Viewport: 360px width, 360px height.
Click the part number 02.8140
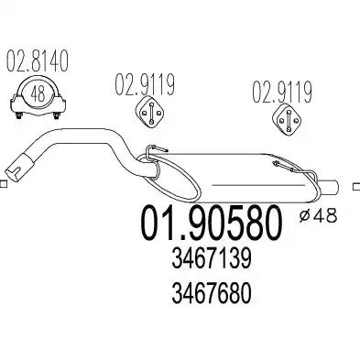pyautogui.click(x=37, y=62)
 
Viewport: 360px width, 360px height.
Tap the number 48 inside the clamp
pyautogui.click(x=38, y=94)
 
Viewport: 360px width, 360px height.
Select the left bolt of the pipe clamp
pyautogui.click(x=19, y=115)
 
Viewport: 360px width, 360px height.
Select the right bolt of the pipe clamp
pyautogui.click(x=56, y=115)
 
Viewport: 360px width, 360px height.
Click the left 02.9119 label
pyautogui.click(x=145, y=84)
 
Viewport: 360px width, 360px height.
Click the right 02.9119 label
pyautogui.click(x=282, y=92)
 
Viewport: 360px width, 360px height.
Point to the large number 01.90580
pyautogui.click(x=211, y=223)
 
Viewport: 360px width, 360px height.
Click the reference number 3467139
pyautogui.click(x=212, y=258)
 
